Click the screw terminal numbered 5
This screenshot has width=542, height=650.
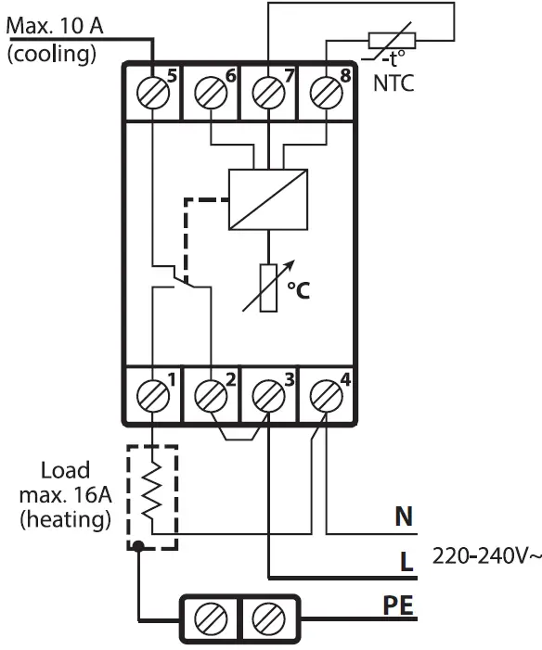pyautogui.click(x=152, y=92)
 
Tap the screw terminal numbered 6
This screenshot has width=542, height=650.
pyautogui.click(x=211, y=92)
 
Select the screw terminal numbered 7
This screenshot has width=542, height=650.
pyautogui.click(x=268, y=92)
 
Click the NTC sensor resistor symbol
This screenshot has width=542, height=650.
pyautogui.click(x=393, y=41)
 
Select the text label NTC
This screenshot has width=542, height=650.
pyautogui.click(x=394, y=82)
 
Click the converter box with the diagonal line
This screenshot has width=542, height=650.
pyautogui.click(x=268, y=199)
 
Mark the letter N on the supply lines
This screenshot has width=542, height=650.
pyautogui.click(x=404, y=516)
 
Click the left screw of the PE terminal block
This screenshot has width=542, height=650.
pyautogui.click(x=211, y=615)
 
